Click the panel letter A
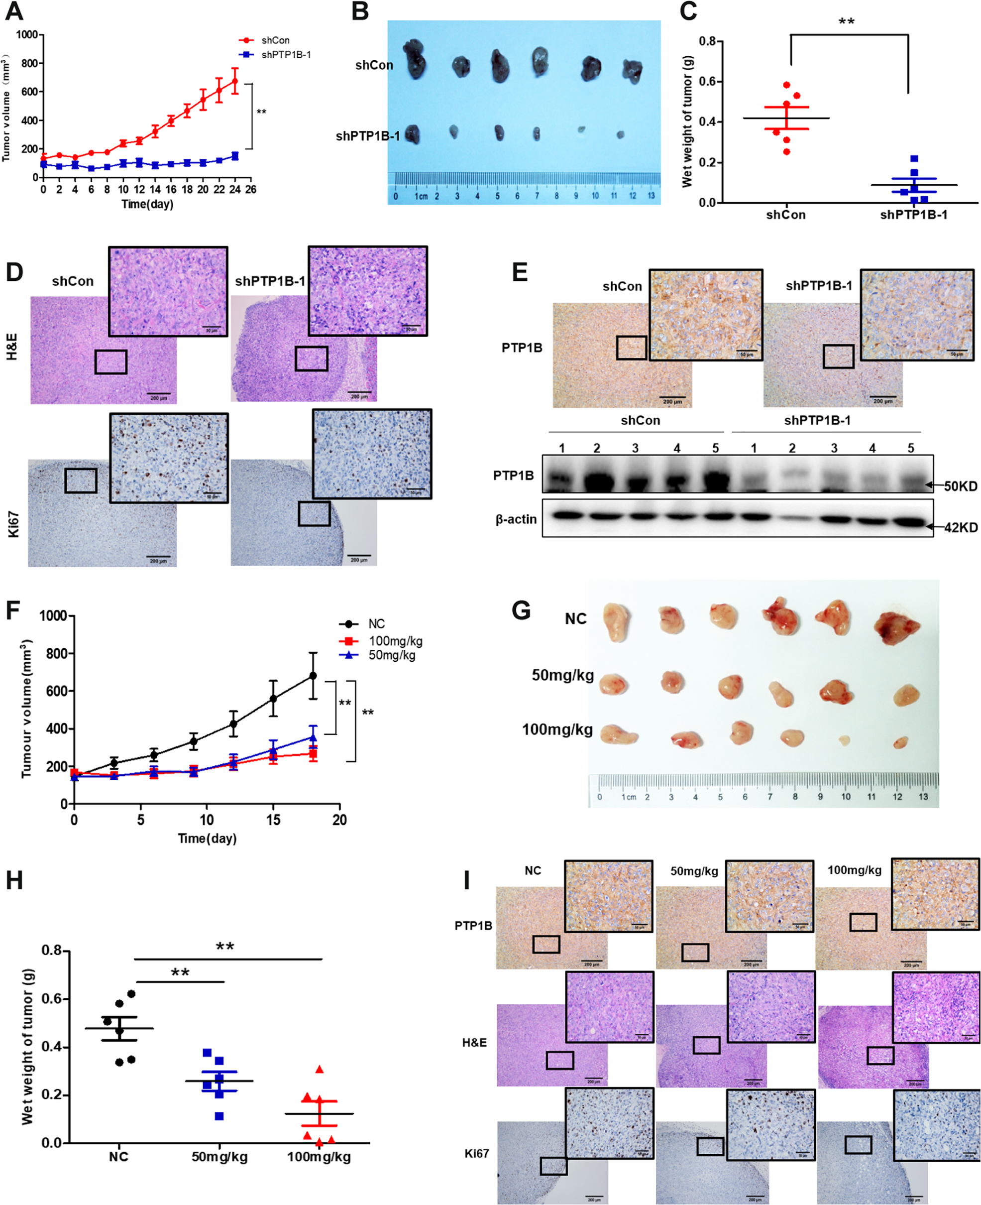click(x=14, y=11)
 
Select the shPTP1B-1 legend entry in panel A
click(x=285, y=55)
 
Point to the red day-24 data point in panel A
click(x=235, y=81)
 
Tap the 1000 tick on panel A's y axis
click(x=26, y=35)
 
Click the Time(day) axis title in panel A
click(x=147, y=204)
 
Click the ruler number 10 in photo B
click(x=595, y=196)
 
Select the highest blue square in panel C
click(x=914, y=159)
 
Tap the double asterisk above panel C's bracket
click(x=846, y=22)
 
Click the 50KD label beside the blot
click(x=960, y=486)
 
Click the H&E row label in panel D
click(x=12, y=347)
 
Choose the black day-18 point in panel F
click(x=313, y=675)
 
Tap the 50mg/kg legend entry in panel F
click(x=391, y=656)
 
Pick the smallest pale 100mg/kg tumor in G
click(x=844, y=740)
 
